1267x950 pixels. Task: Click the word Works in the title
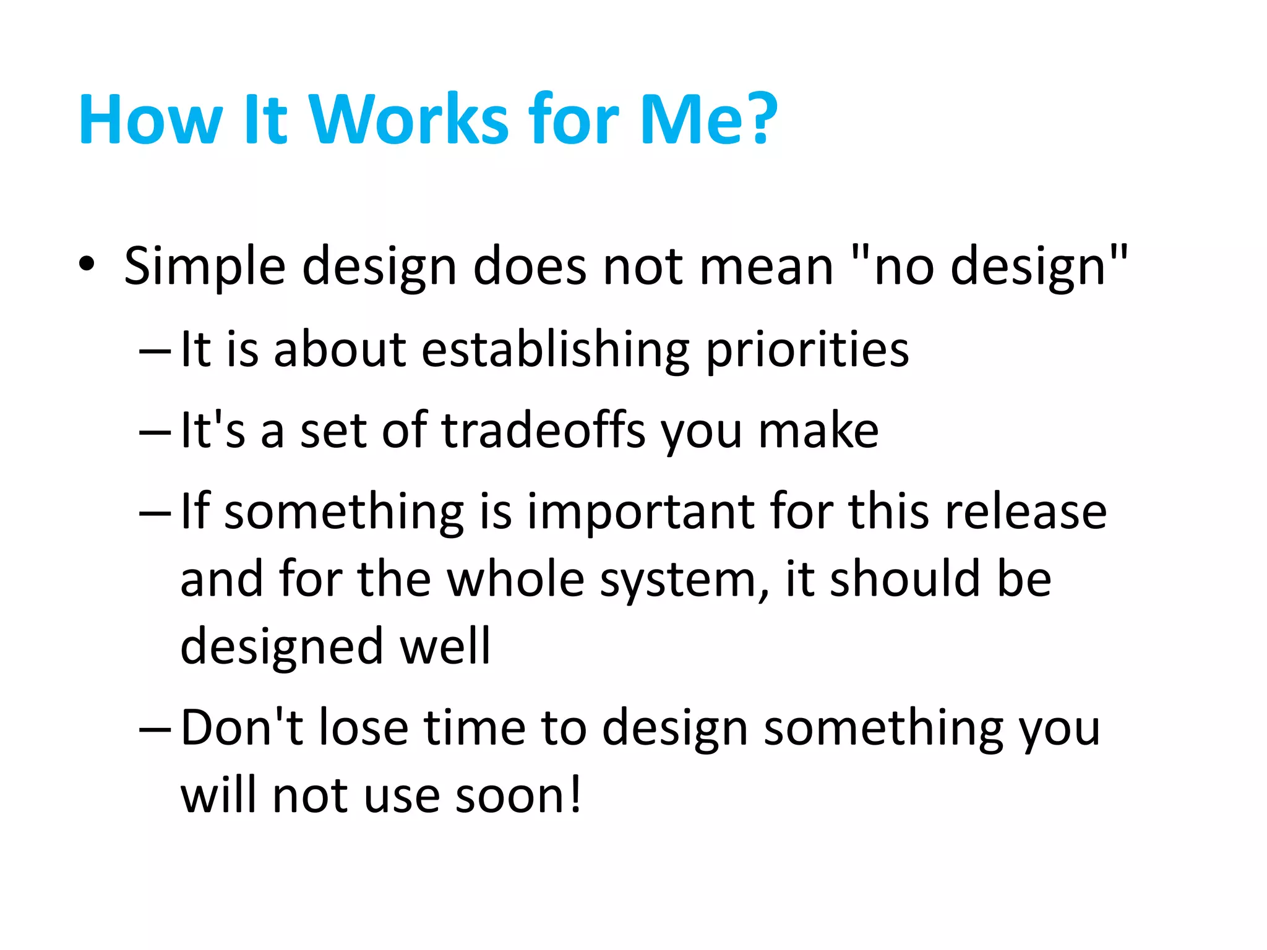point(409,119)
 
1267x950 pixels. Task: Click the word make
point(818,430)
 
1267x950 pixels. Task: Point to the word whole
point(515,580)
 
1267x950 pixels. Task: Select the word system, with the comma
point(684,582)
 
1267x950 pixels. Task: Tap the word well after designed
point(445,646)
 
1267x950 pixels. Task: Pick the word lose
point(363,729)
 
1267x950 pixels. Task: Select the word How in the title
point(150,119)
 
